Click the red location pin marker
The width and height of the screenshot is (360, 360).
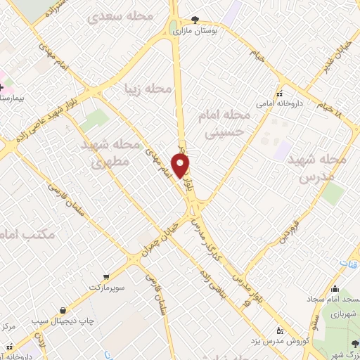[x=181, y=166]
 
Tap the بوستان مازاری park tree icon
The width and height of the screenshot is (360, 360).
[x=195, y=20]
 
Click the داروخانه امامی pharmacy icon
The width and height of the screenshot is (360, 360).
[x=279, y=94]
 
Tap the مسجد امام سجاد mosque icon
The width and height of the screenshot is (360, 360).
[x=335, y=288]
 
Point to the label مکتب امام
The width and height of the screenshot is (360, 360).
[x=21, y=233]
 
